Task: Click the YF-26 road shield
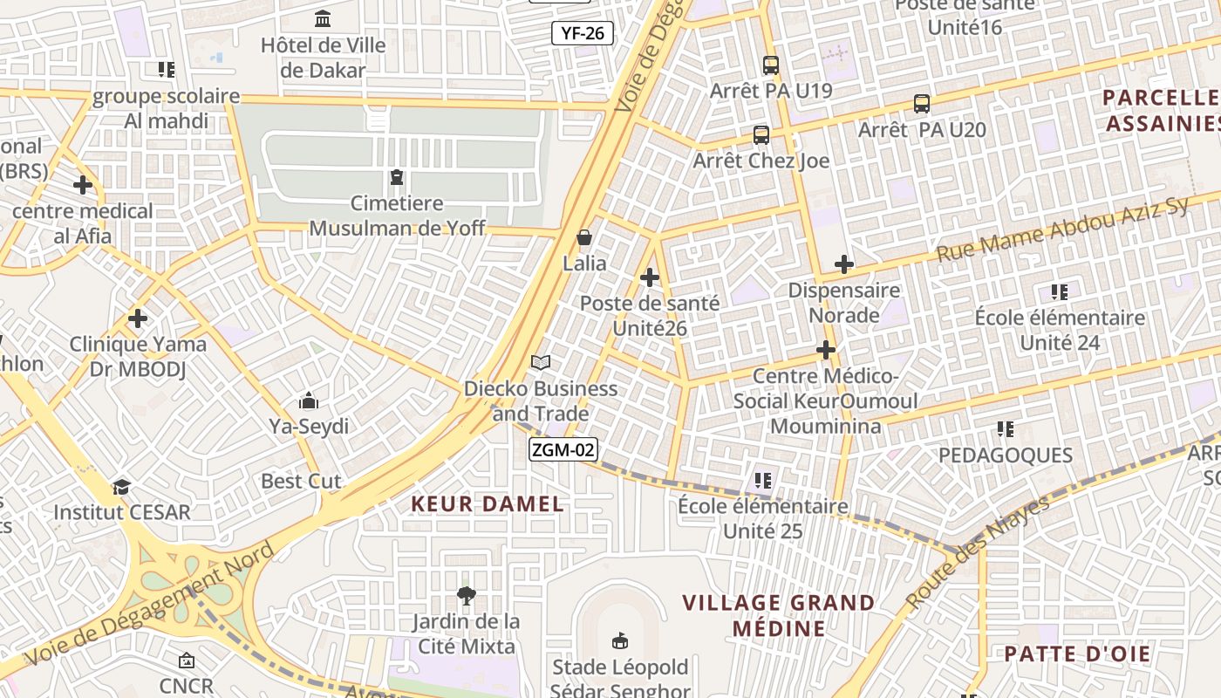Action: pyautogui.click(x=583, y=34)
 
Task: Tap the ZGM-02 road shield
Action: pyautogui.click(x=563, y=449)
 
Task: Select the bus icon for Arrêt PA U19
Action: pyautogui.click(x=771, y=65)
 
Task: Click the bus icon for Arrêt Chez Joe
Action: pyautogui.click(x=761, y=135)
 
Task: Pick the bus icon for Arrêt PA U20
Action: pyautogui.click(x=922, y=104)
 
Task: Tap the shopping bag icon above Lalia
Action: pyautogui.click(x=584, y=237)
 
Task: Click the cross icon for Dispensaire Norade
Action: pyautogui.click(x=843, y=263)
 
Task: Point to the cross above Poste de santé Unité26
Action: pyautogui.click(x=650, y=277)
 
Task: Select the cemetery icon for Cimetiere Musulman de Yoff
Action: pyautogui.click(x=397, y=177)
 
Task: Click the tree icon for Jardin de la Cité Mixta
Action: pyautogui.click(x=467, y=596)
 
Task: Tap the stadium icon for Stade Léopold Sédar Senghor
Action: pyautogui.click(x=620, y=641)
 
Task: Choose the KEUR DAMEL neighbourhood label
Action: pyautogui.click(x=488, y=503)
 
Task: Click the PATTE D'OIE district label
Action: pyautogui.click(x=1077, y=654)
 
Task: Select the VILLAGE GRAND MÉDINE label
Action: pyautogui.click(x=779, y=615)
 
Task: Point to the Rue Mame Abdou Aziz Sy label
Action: pyautogui.click(x=1062, y=229)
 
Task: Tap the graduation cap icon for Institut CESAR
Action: pyautogui.click(x=121, y=486)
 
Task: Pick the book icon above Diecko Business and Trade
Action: pyautogui.click(x=541, y=362)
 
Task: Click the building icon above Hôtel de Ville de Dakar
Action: pyautogui.click(x=323, y=18)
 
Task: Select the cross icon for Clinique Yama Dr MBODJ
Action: pyautogui.click(x=138, y=318)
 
